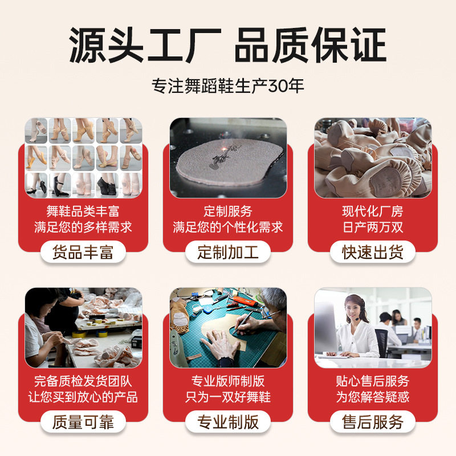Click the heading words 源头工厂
tap(145, 44)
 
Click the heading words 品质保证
tap(310, 44)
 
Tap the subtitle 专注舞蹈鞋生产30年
tap(228, 85)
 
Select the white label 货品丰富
tap(83, 251)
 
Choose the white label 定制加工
tap(228, 251)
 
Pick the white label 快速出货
tap(373, 251)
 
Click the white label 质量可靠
tap(83, 422)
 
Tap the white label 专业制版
tap(228, 422)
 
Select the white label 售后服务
tap(373, 422)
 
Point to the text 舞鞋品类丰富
tap(83, 211)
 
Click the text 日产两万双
tap(373, 227)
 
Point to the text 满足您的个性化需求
tap(228, 227)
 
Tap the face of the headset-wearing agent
tap(355, 311)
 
